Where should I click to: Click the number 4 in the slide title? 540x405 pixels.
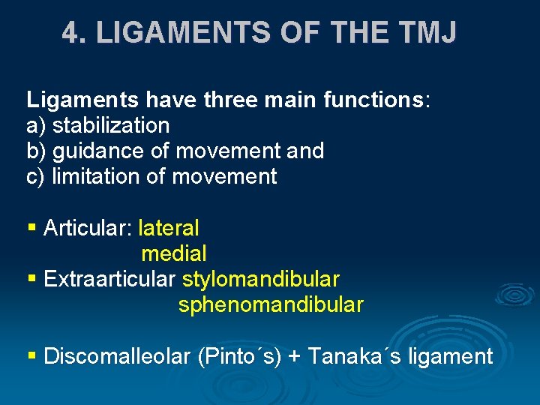pos(71,33)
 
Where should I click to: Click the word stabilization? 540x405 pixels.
pos(111,125)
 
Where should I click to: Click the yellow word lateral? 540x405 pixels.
pos(169,227)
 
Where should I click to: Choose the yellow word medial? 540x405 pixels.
pos(173,253)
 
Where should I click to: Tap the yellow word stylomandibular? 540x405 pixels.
pos(260,279)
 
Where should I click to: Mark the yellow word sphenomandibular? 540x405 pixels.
pos(271,305)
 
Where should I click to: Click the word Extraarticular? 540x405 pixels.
pos(109,279)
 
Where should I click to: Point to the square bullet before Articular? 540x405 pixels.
pos(31,227)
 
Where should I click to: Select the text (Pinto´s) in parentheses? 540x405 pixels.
pos(238,356)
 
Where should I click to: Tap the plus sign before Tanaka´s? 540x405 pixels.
pos(295,357)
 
